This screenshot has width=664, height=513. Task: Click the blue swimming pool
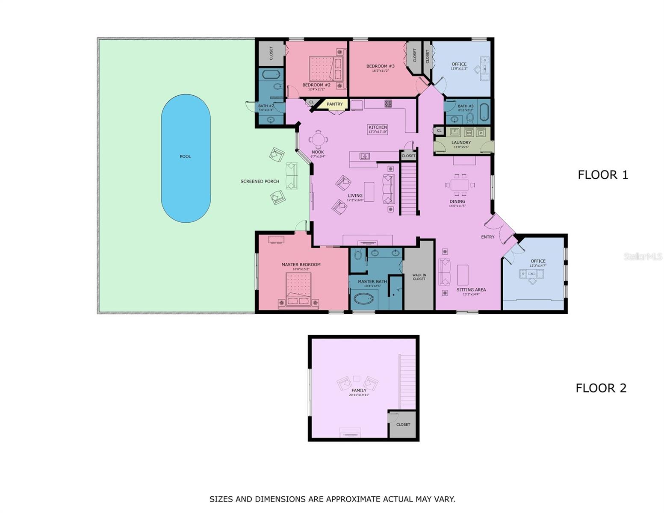coord(186,158)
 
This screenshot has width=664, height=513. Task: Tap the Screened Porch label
coord(260,181)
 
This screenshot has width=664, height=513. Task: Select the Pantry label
coord(334,104)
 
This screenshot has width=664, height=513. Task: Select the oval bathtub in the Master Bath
coord(364,298)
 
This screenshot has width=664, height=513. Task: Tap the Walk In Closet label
coord(419,277)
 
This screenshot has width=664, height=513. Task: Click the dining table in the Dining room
coord(460,185)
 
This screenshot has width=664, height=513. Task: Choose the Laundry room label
coord(461,142)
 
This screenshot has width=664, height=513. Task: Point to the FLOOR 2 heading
coord(601,388)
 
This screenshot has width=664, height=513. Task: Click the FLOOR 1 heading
coord(603,175)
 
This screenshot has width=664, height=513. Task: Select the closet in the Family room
coord(403,424)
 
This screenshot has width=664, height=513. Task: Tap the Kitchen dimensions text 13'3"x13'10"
coord(378,132)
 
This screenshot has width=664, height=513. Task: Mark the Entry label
coord(487,237)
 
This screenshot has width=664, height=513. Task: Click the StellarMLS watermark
coord(643,256)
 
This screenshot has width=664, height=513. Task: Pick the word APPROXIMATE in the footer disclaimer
coord(353,499)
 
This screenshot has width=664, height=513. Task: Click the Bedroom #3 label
coord(380,66)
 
